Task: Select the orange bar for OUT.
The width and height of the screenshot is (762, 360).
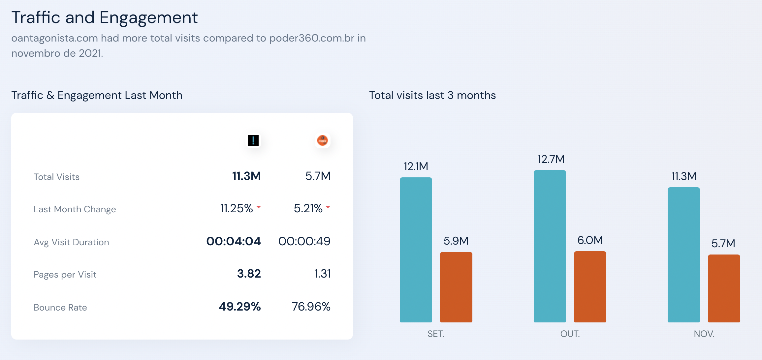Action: pyautogui.click(x=590, y=287)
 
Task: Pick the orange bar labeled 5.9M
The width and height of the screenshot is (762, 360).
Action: pyautogui.click(x=456, y=287)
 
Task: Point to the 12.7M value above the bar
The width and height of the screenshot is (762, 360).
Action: pyautogui.click(x=551, y=159)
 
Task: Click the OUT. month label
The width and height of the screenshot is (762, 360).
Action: pyautogui.click(x=570, y=334)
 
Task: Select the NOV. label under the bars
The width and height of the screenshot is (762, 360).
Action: pyautogui.click(x=704, y=334)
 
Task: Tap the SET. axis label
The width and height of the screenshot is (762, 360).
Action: pyautogui.click(x=436, y=334)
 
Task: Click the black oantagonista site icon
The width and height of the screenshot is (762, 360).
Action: pyautogui.click(x=253, y=140)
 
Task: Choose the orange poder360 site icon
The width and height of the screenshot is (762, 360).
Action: pyautogui.click(x=322, y=140)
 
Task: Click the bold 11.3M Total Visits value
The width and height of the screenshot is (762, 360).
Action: pyautogui.click(x=246, y=176)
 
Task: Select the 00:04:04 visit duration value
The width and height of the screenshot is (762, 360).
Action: pyautogui.click(x=234, y=241)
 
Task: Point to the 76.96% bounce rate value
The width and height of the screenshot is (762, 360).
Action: pyautogui.click(x=311, y=307)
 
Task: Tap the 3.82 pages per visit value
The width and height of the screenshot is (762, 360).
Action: pyautogui.click(x=249, y=274)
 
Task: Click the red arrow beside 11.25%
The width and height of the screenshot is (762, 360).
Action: pyautogui.click(x=259, y=207)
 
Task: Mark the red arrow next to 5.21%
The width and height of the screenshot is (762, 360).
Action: pyautogui.click(x=328, y=207)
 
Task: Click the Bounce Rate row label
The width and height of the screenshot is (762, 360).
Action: pyautogui.click(x=60, y=308)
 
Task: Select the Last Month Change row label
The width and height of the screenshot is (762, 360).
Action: pyautogui.click(x=75, y=209)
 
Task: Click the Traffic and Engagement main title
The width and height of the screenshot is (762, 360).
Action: pyautogui.click(x=105, y=17)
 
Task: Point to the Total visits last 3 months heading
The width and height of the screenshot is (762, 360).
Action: pyautogui.click(x=432, y=95)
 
